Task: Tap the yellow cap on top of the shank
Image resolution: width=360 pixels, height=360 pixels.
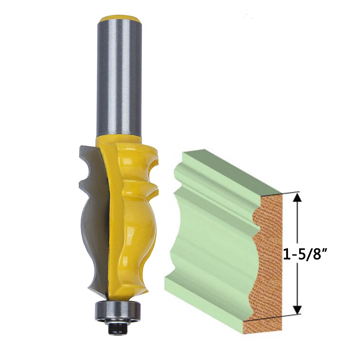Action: (x=120, y=18)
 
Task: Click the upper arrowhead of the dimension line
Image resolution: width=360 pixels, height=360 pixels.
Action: (x=298, y=197)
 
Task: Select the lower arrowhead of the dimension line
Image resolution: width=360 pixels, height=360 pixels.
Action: (x=298, y=310)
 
